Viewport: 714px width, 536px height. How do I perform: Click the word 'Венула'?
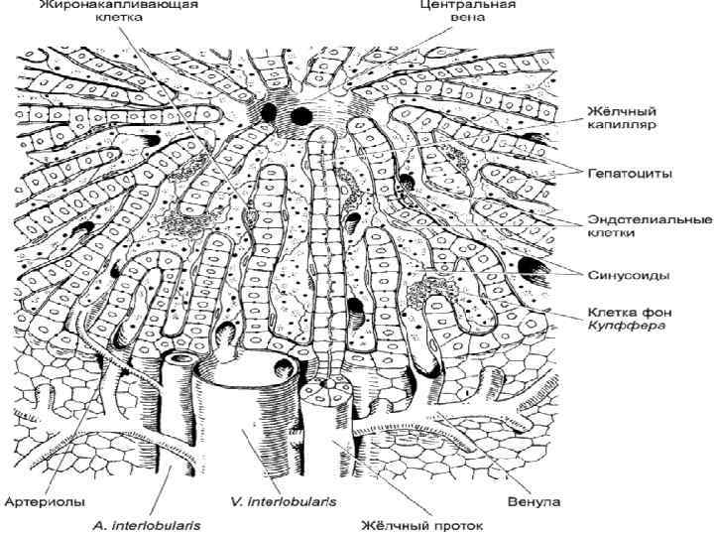pos(535,502)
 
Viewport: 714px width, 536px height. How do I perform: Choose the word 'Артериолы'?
pos(44,502)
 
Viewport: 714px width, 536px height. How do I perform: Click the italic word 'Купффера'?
pos(620,325)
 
